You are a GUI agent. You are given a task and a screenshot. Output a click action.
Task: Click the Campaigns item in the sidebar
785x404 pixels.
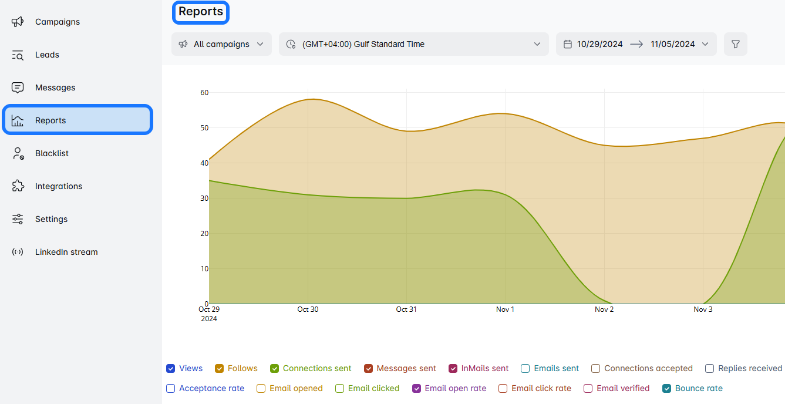(x=57, y=22)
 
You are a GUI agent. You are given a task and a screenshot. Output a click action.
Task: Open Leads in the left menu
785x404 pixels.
(x=47, y=55)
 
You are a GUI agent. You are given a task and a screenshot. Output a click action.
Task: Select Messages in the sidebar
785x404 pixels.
(x=55, y=87)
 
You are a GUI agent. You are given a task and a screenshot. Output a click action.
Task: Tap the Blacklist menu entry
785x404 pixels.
(x=52, y=153)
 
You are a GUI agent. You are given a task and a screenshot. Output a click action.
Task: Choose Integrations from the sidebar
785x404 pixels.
(x=59, y=186)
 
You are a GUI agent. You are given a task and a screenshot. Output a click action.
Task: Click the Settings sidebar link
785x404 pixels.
(x=51, y=219)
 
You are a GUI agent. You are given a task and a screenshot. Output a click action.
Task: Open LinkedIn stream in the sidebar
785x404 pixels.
(x=66, y=252)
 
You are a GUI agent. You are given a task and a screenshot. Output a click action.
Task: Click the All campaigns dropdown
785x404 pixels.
(x=221, y=44)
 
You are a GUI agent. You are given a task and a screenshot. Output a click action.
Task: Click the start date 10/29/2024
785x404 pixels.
(x=599, y=44)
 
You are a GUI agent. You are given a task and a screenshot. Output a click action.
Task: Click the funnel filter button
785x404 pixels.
(x=735, y=44)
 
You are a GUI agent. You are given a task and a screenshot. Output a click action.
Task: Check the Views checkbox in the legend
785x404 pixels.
(x=171, y=369)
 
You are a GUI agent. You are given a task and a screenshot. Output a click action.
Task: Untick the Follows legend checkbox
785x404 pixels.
(x=220, y=369)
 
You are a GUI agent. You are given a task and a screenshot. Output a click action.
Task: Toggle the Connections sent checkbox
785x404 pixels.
(x=274, y=369)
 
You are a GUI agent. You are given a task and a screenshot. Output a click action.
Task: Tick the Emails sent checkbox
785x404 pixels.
(x=525, y=369)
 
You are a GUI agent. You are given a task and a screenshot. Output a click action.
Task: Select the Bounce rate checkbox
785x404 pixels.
(x=666, y=389)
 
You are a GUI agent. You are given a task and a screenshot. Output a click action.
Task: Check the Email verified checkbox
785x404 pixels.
(x=588, y=389)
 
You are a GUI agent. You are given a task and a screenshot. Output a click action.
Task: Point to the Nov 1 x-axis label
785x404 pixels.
(x=505, y=309)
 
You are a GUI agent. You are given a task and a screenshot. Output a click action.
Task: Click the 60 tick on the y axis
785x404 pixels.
(x=204, y=92)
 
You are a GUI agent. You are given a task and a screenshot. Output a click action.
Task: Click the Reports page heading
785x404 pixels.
(x=201, y=12)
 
